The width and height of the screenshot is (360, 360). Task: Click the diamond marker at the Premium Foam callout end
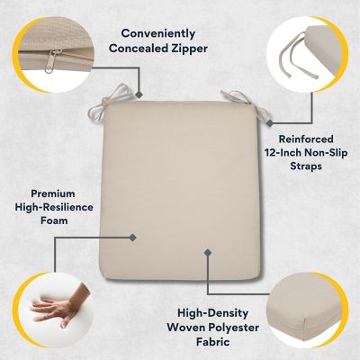[x=133, y=238]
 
